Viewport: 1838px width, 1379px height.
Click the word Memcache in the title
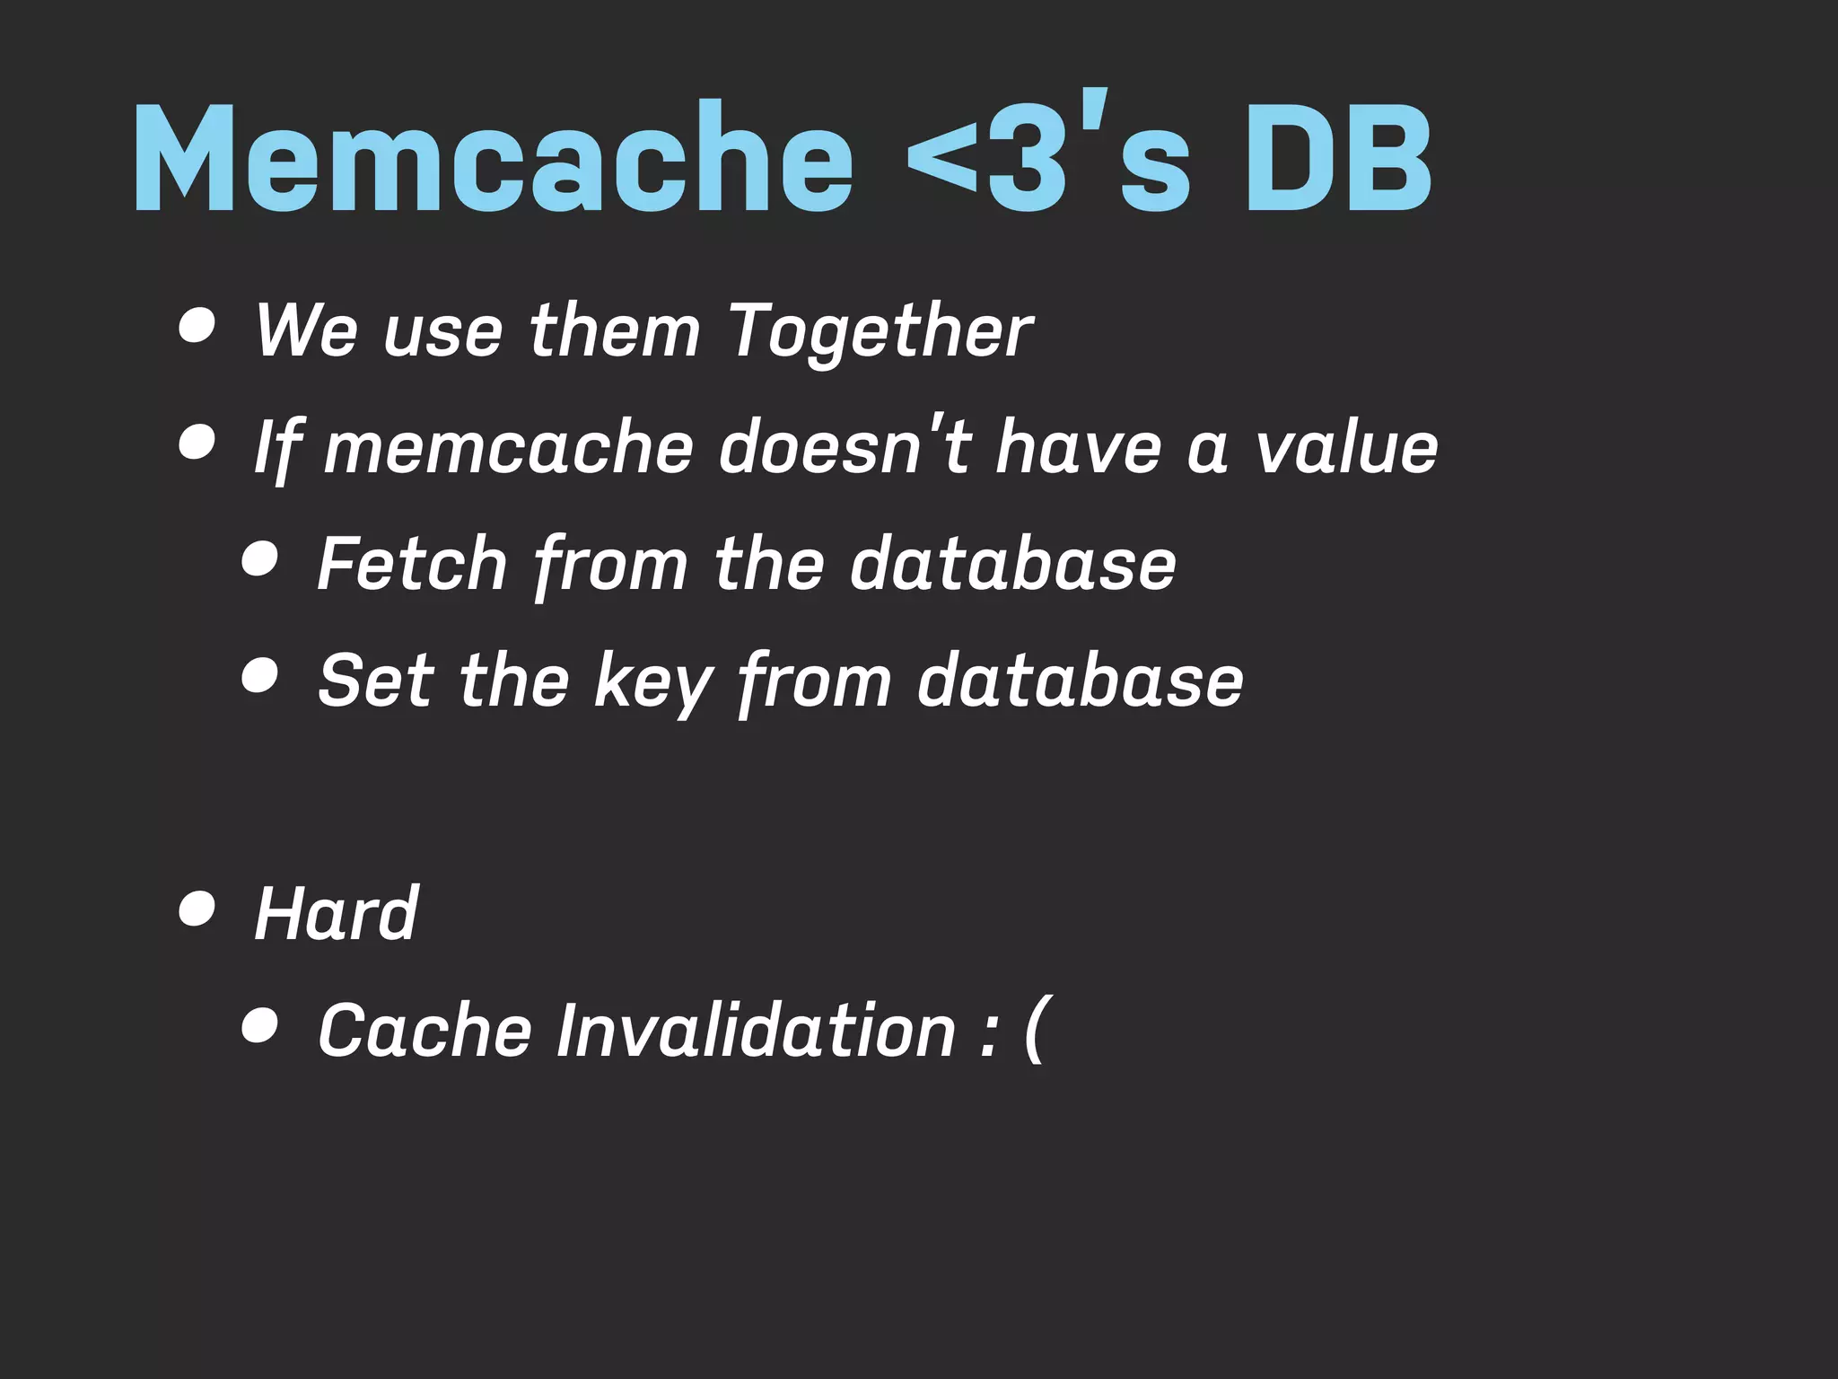pos(493,159)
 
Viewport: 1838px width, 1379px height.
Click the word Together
pos(880,331)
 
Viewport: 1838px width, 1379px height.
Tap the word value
pos(1346,447)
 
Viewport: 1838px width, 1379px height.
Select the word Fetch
pos(413,563)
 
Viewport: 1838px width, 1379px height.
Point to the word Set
pos(376,680)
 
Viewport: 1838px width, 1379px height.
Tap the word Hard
pos(336,913)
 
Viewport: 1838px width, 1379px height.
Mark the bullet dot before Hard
pos(197,909)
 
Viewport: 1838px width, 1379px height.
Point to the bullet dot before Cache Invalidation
pos(259,1026)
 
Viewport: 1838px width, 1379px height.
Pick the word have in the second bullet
pos(1078,447)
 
